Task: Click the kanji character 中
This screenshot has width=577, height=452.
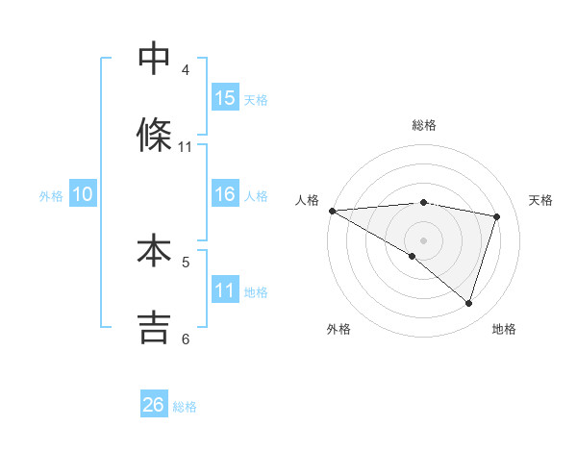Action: [x=154, y=59]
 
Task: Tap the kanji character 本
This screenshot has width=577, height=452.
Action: [x=154, y=251]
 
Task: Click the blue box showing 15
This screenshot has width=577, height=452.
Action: [x=225, y=98]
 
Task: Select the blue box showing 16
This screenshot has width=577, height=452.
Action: [x=225, y=194]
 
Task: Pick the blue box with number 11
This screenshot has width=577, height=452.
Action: [x=225, y=290]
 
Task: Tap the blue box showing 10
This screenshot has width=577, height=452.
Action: [x=83, y=194]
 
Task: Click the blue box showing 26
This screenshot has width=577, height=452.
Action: [x=154, y=405]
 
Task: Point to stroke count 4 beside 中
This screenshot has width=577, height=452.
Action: [x=186, y=70]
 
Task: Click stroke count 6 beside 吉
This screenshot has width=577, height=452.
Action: [x=186, y=339]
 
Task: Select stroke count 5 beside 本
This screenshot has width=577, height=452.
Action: [x=186, y=262]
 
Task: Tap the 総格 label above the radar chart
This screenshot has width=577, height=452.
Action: [x=424, y=125]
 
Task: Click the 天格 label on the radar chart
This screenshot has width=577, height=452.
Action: [x=541, y=200]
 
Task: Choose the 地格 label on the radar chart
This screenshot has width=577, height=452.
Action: [x=504, y=329]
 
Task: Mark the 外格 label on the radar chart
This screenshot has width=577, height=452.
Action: [x=339, y=329]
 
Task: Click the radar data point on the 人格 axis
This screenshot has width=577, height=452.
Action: [x=332, y=211]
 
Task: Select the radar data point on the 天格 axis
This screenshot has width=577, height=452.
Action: [x=497, y=216]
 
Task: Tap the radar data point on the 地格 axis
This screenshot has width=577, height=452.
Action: [x=468, y=303]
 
